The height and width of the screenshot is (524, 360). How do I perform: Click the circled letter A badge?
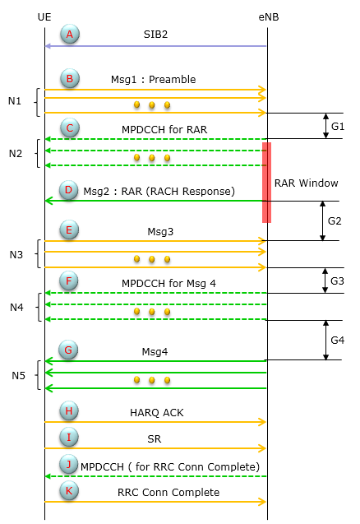point(70,34)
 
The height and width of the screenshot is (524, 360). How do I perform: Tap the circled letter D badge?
point(68,190)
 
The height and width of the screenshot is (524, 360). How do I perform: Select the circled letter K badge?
point(69,490)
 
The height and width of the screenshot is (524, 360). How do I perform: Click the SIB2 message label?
point(155,35)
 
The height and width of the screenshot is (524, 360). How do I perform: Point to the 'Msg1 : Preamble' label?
point(153,80)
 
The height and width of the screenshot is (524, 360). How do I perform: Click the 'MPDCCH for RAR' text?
point(164,130)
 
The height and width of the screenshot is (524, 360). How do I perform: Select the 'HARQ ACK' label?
point(157,413)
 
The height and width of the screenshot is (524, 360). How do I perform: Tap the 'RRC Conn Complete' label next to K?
point(168,493)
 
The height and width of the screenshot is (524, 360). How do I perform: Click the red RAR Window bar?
point(266,183)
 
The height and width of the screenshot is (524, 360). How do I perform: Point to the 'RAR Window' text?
point(307,183)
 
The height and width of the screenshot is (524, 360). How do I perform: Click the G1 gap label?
point(338,127)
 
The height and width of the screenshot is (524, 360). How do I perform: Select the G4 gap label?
point(337,341)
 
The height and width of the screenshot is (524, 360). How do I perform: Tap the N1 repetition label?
point(15,101)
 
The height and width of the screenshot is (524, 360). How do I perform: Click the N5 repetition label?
point(18,376)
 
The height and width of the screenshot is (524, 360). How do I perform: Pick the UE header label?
point(44,17)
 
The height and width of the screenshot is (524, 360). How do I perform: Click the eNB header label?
point(269,17)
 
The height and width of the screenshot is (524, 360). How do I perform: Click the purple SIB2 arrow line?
point(155,46)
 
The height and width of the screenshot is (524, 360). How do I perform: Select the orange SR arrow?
point(155,448)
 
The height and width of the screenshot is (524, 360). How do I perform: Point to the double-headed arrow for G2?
point(322,221)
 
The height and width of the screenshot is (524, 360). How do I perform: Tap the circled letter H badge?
point(69,410)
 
